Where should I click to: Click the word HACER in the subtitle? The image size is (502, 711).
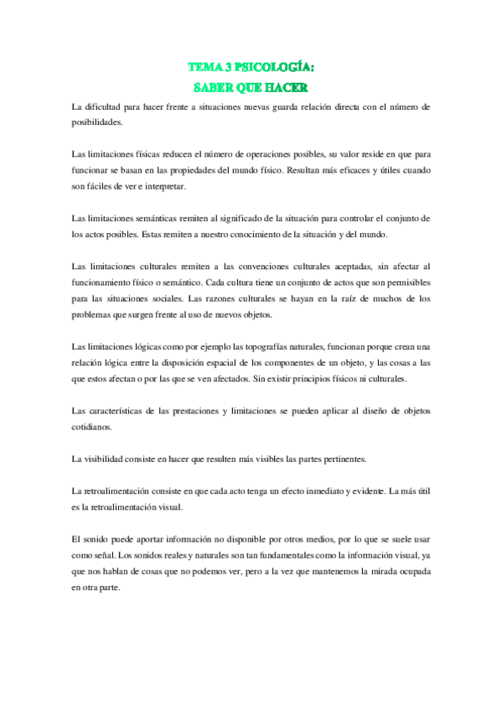[286, 86]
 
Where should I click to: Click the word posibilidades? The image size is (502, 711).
[97, 122]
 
